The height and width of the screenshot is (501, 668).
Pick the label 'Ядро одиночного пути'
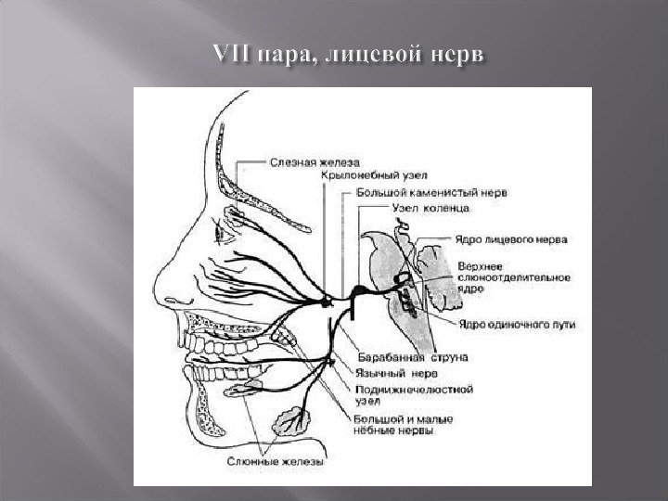tap(517, 324)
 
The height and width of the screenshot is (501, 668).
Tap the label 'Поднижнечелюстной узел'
tap(415, 395)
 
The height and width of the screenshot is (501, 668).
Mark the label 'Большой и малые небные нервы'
tap(403, 426)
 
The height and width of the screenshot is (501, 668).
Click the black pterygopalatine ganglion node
tap(326, 302)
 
